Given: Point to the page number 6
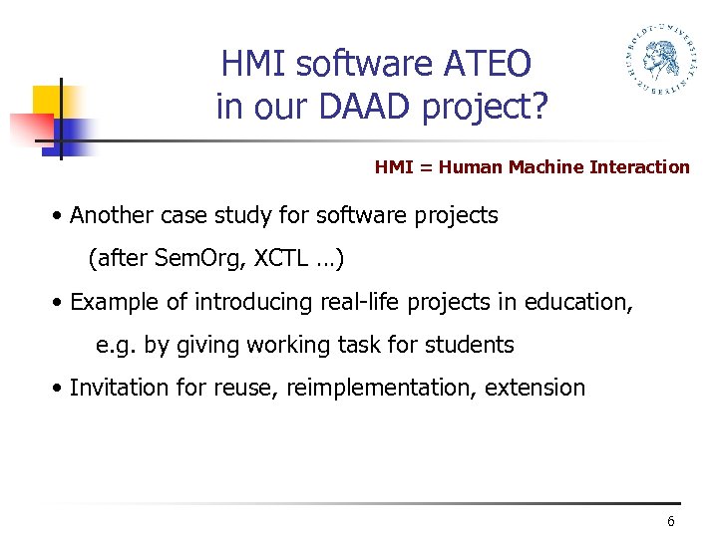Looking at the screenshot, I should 671,523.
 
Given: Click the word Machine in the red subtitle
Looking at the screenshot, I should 546,167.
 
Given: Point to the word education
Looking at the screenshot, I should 578,301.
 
